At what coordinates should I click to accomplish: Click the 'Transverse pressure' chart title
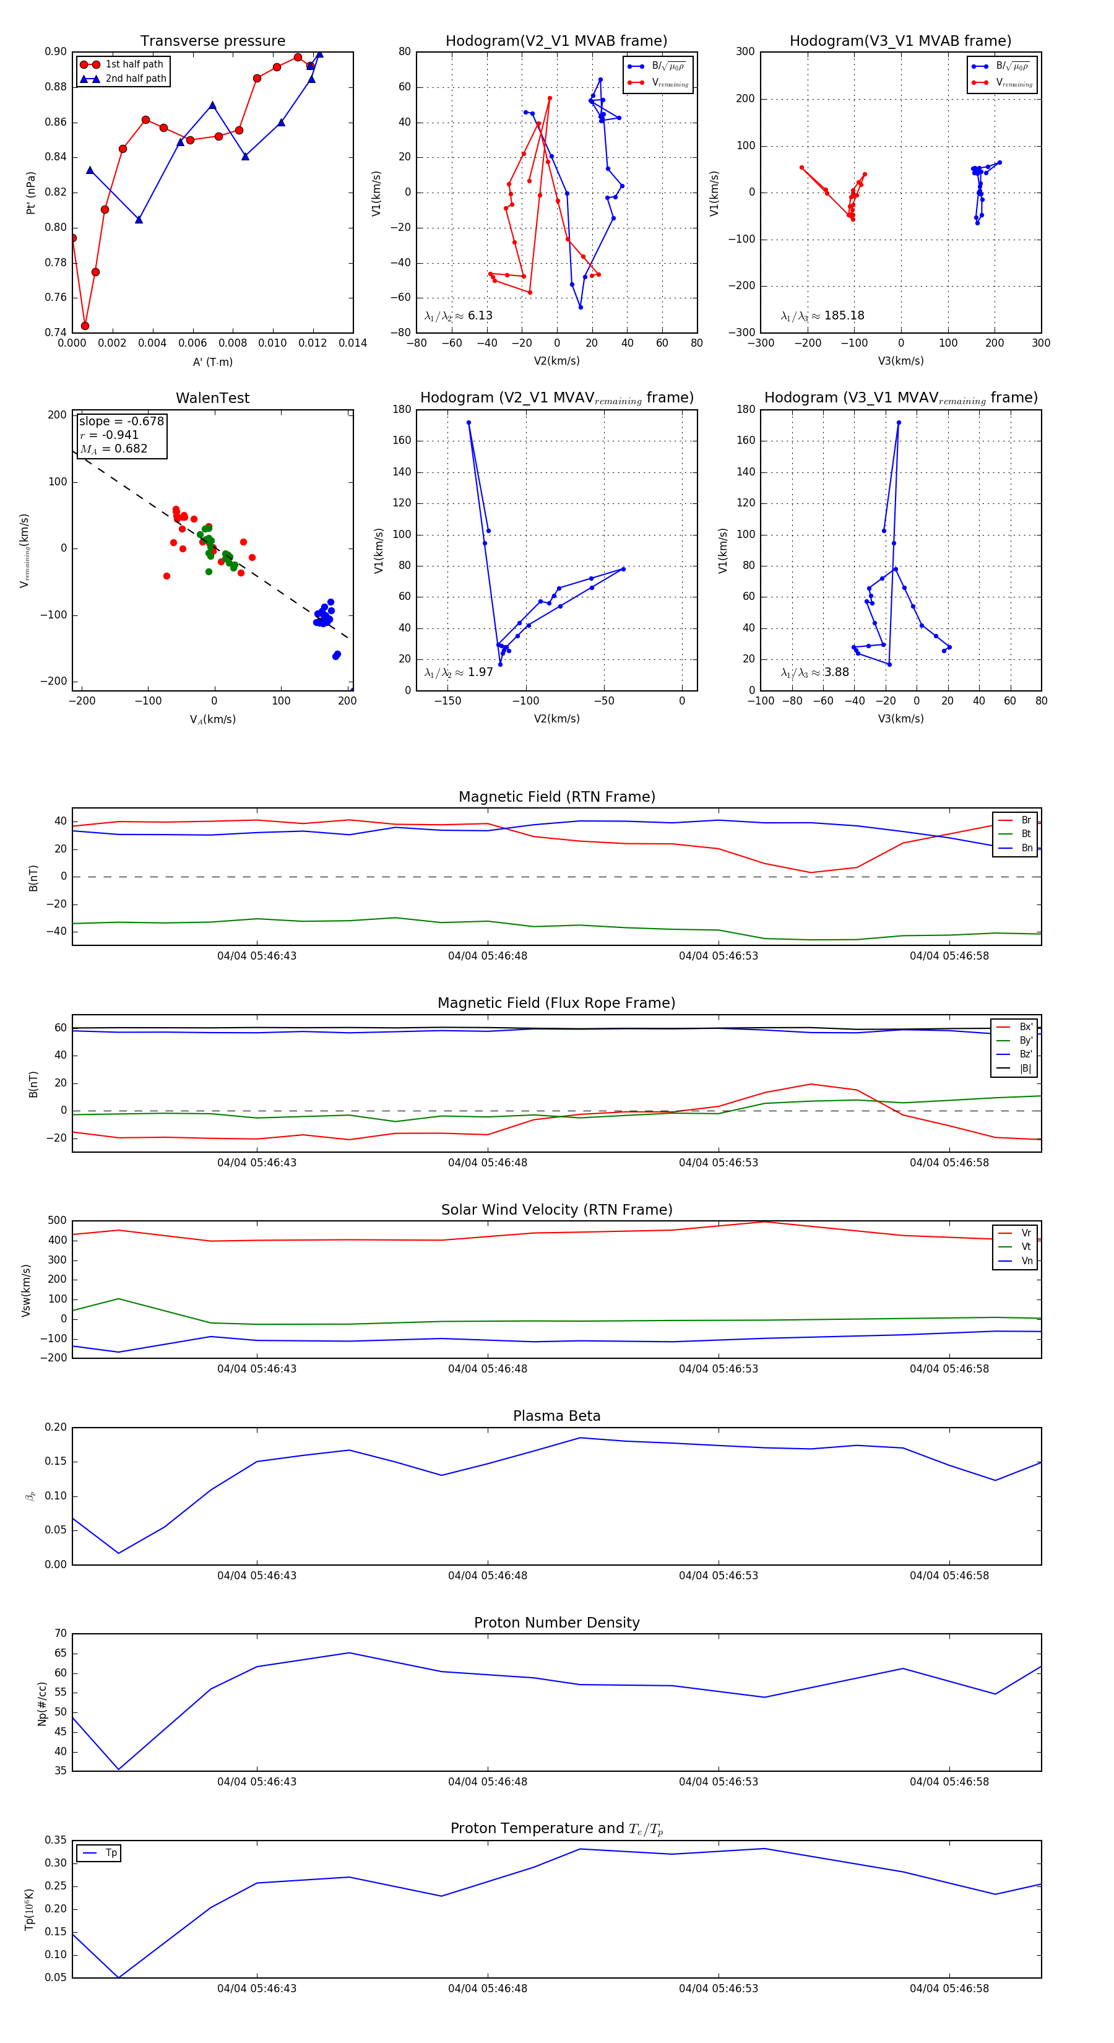coord(212,41)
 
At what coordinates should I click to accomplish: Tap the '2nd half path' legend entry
coord(136,79)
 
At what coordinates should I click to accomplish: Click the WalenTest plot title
coord(212,398)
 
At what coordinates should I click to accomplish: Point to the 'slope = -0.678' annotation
coord(121,421)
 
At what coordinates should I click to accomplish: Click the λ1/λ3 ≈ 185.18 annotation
coord(823,316)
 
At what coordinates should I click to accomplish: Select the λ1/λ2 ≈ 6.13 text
coord(458,316)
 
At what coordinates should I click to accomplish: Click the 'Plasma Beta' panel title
coord(556,1416)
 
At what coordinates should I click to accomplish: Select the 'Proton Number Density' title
coord(556,1623)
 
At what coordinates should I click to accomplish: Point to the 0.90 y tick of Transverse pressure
coord(56,51)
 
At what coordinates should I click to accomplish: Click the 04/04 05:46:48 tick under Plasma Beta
coord(487,1575)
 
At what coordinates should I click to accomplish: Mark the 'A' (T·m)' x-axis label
coord(212,362)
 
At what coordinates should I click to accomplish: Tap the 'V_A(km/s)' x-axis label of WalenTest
coord(212,719)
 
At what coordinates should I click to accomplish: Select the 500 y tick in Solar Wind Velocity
coord(57,1221)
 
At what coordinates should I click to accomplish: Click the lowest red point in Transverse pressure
coord(85,326)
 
